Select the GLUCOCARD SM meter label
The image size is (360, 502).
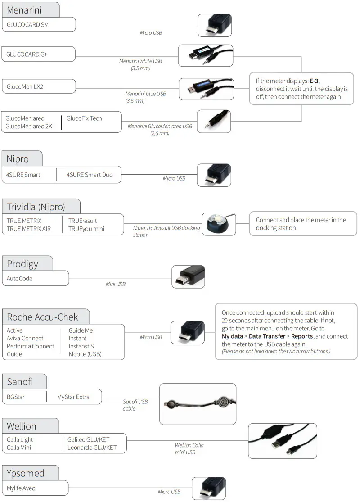(27, 25)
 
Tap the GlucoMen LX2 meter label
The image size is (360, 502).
(25, 86)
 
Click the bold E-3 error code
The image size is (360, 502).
(314, 81)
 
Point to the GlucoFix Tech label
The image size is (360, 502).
(84, 118)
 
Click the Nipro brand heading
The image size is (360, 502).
(18, 158)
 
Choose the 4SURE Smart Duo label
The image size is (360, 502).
(90, 175)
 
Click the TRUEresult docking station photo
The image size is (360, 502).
(219, 224)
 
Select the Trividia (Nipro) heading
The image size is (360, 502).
(36, 207)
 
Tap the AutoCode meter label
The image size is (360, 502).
(20, 278)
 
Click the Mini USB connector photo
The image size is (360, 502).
(189, 276)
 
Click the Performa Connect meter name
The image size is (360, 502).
(31, 346)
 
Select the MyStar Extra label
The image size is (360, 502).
(73, 397)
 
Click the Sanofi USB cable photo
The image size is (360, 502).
(198, 404)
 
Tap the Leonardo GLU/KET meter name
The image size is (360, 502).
(92, 448)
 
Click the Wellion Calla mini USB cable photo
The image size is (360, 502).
(282, 440)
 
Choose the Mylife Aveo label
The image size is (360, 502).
(21, 488)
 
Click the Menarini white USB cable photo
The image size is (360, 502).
(205, 55)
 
